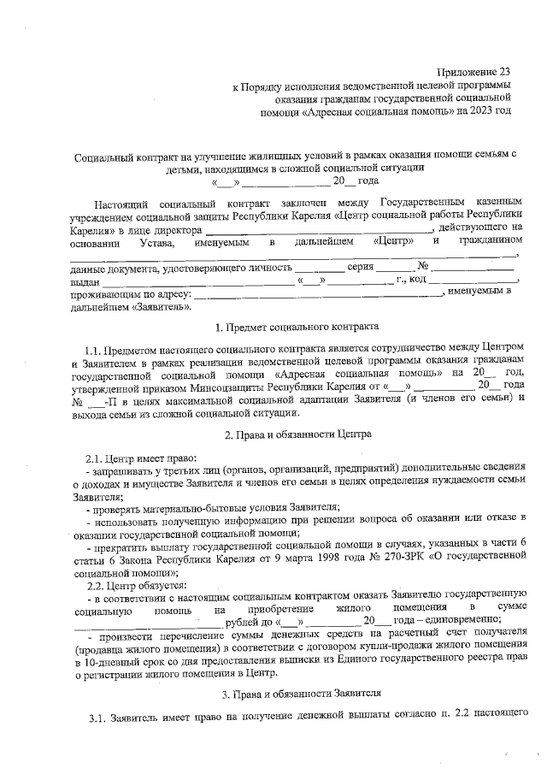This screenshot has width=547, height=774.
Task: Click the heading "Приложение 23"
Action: coord(472,74)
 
